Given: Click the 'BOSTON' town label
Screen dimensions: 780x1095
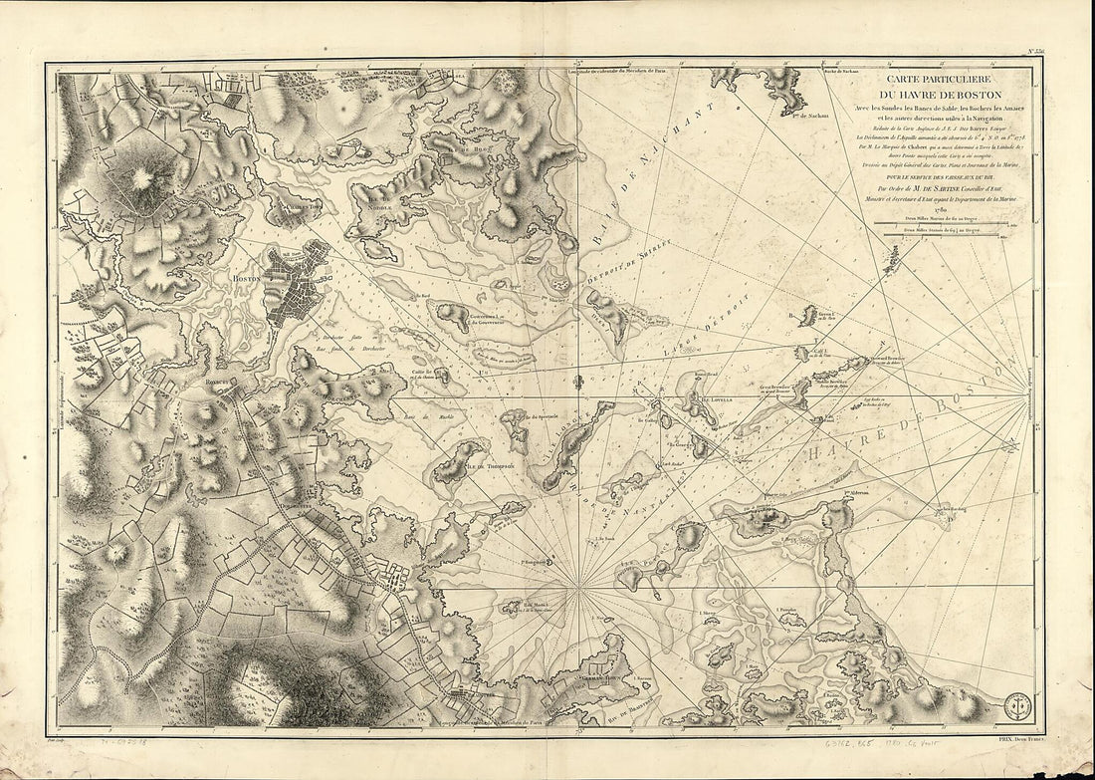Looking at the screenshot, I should [x=245, y=281].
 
